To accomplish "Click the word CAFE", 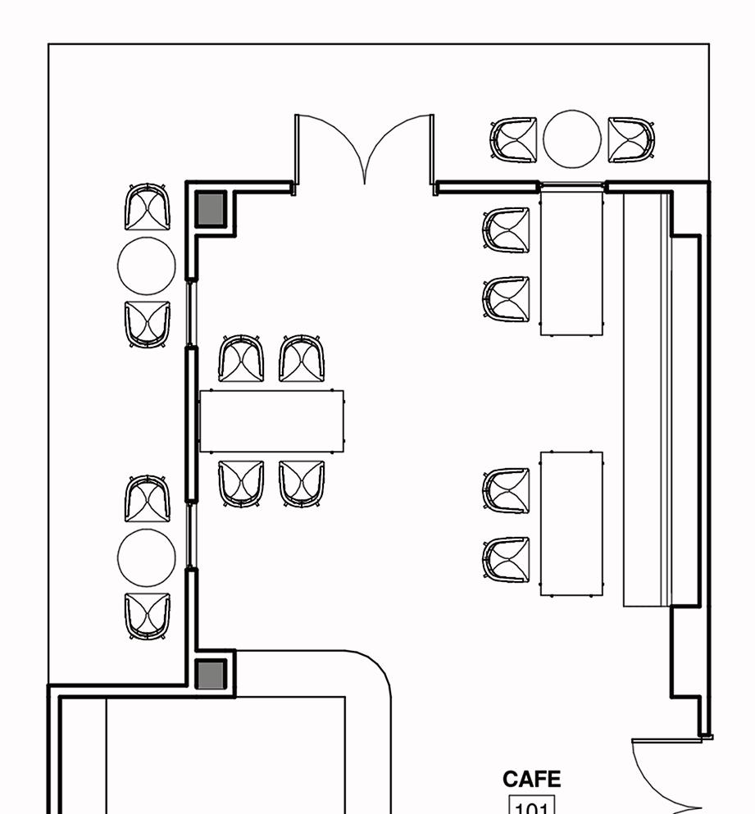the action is (531, 779).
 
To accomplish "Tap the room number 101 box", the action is (533, 806).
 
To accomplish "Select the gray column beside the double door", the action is (211, 209).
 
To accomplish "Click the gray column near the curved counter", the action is (211, 675).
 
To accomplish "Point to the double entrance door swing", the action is (364, 152).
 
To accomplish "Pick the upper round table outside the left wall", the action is (147, 266).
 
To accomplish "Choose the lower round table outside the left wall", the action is (147, 557).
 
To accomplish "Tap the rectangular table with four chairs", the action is (271, 421).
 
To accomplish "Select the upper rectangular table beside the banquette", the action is (571, 260).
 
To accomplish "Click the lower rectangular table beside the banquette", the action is (571, 523).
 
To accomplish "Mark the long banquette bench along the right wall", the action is (648, 399).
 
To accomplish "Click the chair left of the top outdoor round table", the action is (514, 140).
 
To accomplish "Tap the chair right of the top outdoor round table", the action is (631, 140).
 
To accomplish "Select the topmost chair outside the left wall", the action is (148, 207).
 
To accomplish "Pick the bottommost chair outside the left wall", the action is (148, 616).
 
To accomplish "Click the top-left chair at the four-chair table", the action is (242, 359).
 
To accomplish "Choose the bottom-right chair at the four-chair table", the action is (302, 484).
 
